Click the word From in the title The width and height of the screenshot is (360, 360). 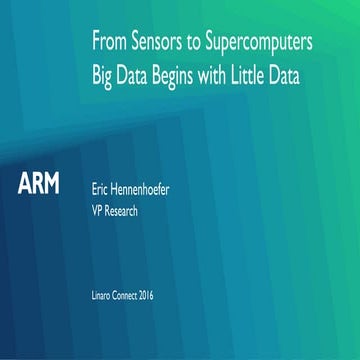tap(109, 43)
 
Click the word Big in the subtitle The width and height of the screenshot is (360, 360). tap(103, 76)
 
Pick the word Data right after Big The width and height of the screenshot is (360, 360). tap(138, 75)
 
